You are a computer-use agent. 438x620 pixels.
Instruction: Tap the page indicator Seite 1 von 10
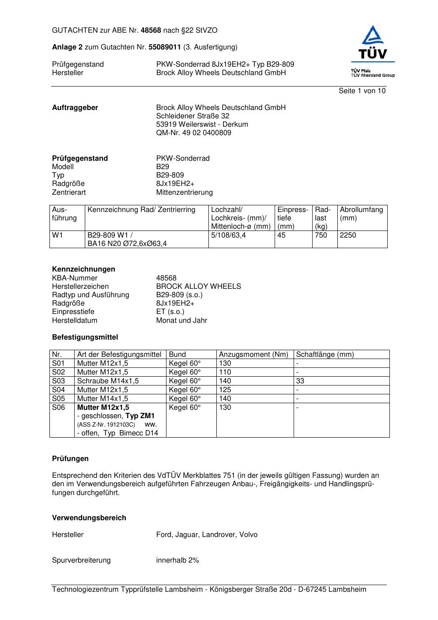click(362, 91)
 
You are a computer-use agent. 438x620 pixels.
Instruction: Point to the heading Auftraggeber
click(75, 108)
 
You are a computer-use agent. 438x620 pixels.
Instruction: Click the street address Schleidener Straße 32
click(193, 116)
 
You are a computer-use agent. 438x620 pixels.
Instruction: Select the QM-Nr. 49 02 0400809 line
click(193, 133)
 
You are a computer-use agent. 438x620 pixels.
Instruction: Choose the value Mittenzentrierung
click(184, 193)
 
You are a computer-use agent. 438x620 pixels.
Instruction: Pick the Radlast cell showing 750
click(321, 235)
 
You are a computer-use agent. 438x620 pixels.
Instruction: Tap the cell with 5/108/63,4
click(228, 235)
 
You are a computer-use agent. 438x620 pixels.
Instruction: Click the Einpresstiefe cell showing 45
click(281, 235)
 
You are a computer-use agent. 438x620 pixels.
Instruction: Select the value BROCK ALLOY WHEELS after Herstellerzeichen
click(198, 287)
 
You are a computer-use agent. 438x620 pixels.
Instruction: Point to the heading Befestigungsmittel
click(85, 337)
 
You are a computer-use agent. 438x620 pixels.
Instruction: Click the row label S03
click(58, 381)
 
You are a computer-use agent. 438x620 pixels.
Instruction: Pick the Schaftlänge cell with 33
click(300, 381)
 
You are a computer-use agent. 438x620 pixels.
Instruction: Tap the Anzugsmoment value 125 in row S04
click(225, 390)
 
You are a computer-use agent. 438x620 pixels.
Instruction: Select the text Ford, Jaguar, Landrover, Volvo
click(207, 535)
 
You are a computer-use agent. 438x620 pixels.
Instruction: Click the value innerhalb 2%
click(177, 560)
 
